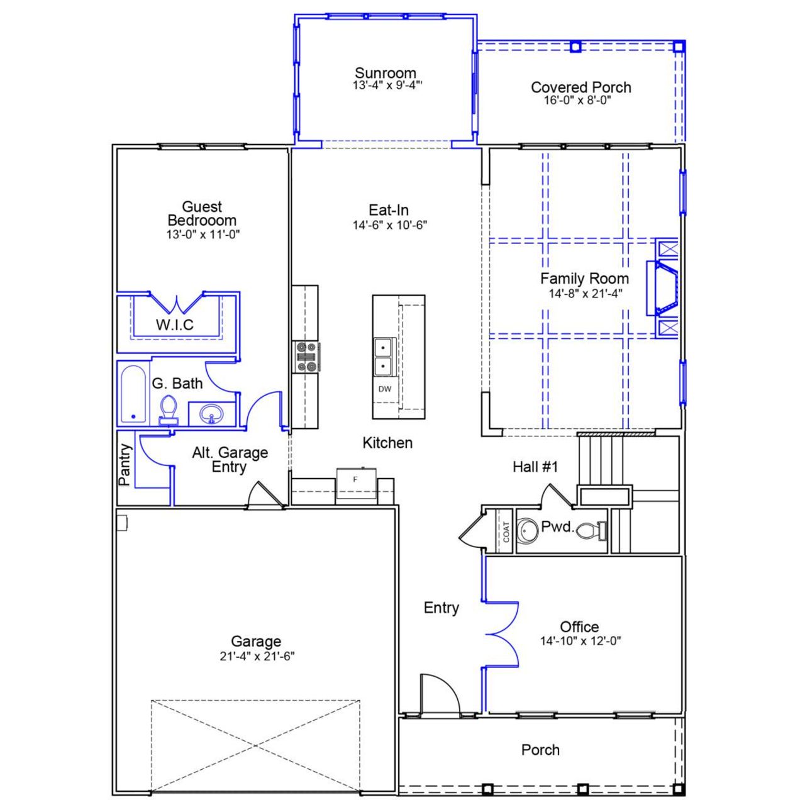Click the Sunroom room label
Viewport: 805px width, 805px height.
tap(385, 72)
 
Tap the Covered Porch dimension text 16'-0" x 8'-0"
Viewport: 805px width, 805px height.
tap(578, 101)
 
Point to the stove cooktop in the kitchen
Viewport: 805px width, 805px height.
tap(306, 357)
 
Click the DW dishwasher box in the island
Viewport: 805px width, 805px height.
tap(385, 389)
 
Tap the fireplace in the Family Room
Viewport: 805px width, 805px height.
tap(665, 289)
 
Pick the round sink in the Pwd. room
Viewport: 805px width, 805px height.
tap(526, 530)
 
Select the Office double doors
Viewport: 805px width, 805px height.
tap(502, 633)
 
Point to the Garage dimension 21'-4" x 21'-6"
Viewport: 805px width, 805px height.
tap(257, 657)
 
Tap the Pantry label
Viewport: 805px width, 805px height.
tap(126, 465)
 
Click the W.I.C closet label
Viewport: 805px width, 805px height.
tap(175, 325)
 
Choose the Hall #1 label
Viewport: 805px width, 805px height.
tap(535, 467)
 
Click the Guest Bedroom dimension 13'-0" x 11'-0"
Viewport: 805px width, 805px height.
tap(203, 235)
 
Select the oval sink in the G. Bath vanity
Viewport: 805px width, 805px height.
tap(211, 414)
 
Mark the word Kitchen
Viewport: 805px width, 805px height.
tap(387, 443)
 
